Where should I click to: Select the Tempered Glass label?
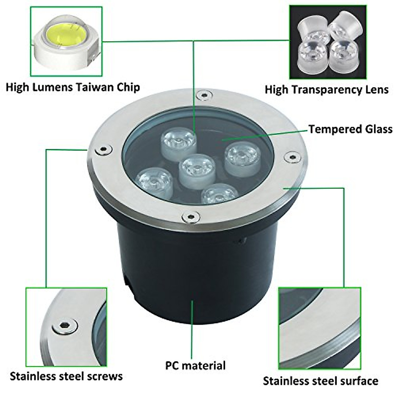[350, 129]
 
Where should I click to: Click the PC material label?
[195, 365]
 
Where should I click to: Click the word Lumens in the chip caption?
[50, 87]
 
